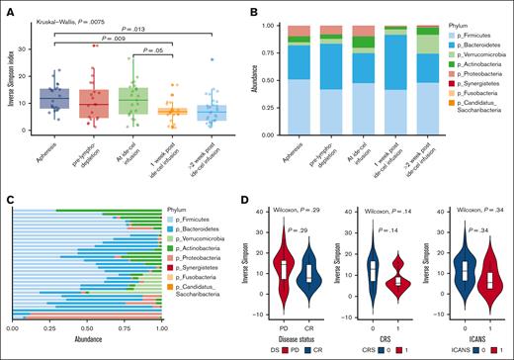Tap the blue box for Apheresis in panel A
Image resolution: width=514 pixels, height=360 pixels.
point(54,99)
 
